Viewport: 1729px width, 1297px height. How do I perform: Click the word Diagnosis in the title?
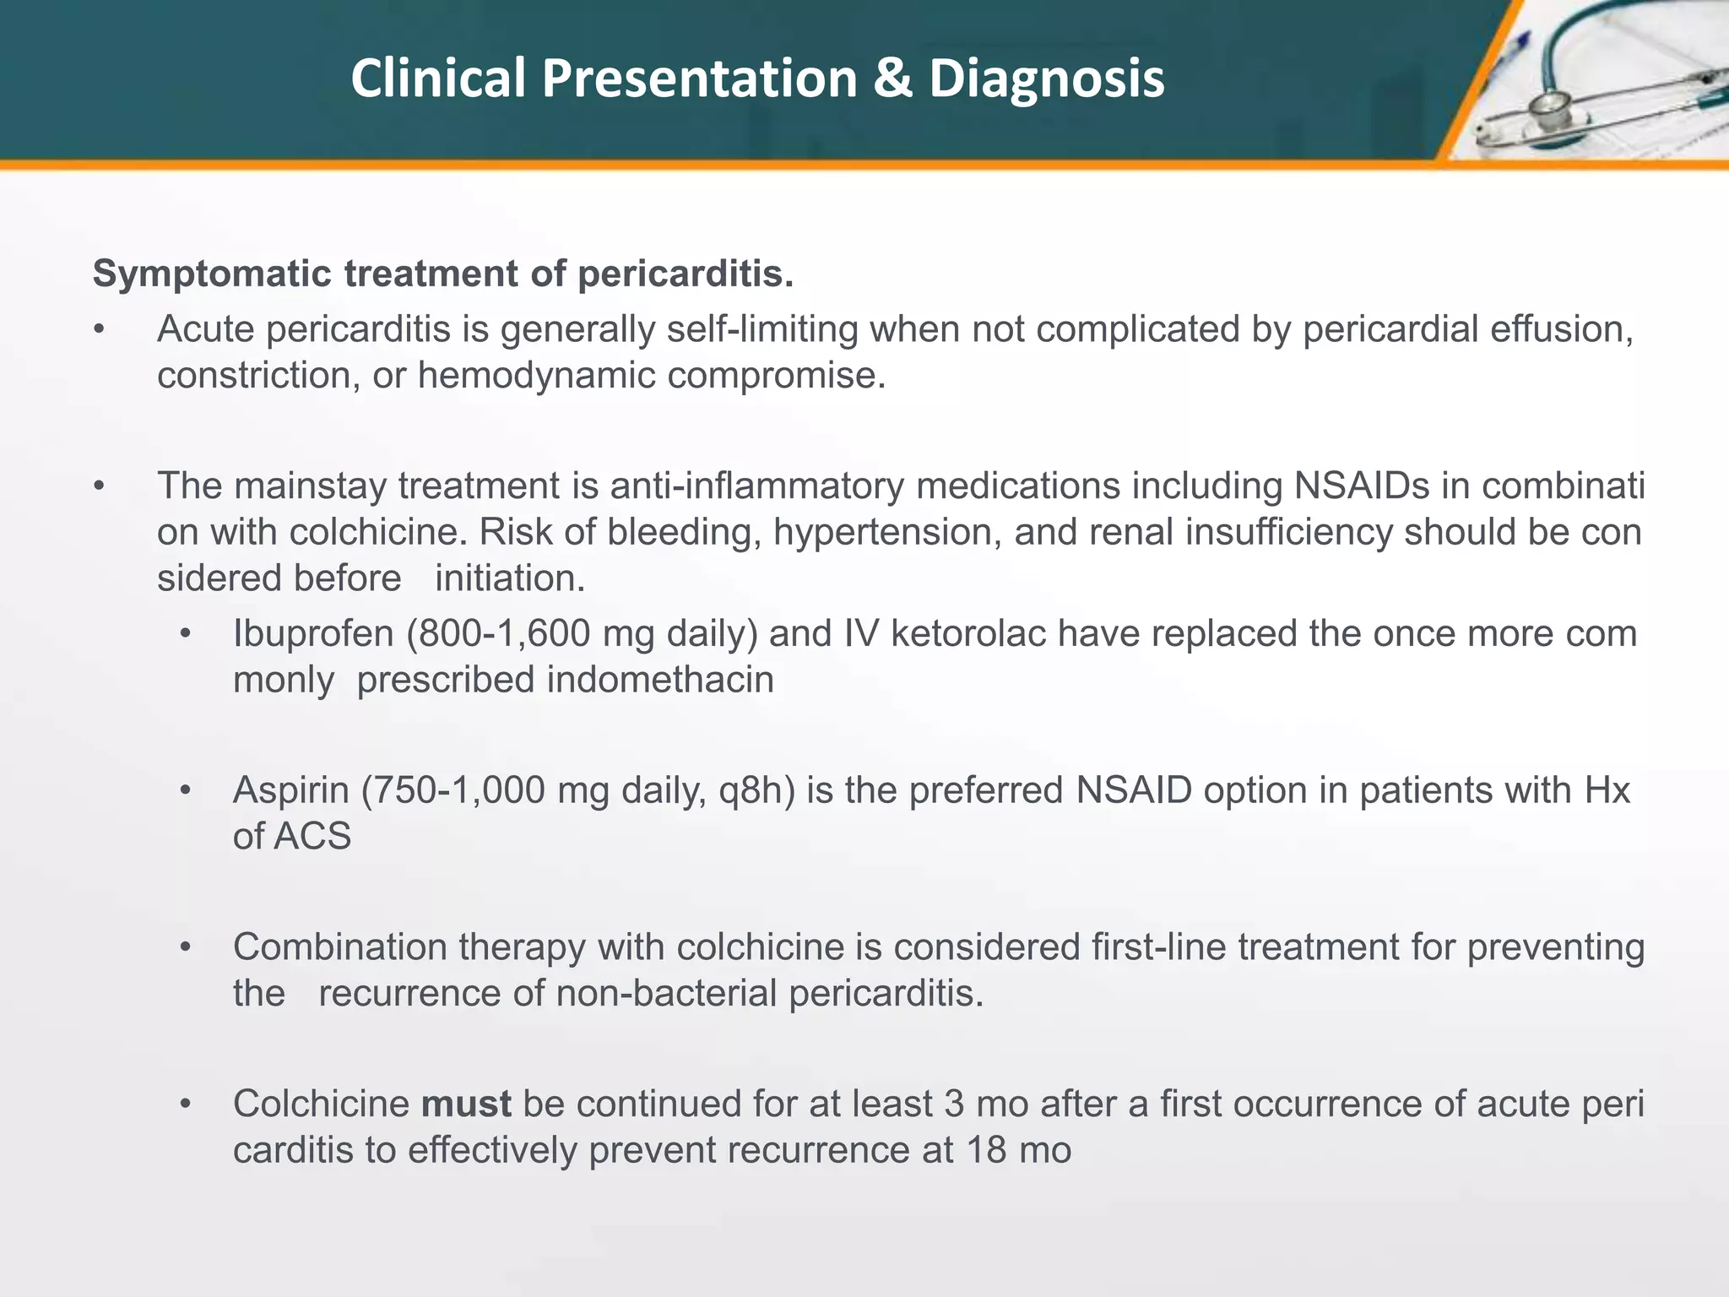(x=1046, y=79)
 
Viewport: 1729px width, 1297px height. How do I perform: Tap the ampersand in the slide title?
(x=893, y=79)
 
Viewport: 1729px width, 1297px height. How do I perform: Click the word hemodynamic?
(x=536, y=376)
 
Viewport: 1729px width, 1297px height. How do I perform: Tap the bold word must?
(x=466, y=1104)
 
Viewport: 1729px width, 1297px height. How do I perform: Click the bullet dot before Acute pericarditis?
(x=100, y=330)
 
